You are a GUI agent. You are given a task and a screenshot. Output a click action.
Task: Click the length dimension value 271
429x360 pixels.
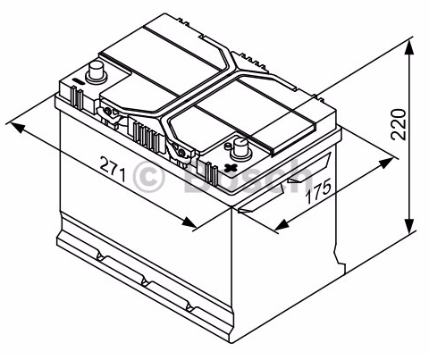coord(113,169)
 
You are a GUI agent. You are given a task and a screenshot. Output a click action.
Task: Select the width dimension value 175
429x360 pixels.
coord(318,191)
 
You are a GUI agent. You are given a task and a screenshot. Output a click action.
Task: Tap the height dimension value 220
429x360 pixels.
coord(399,124)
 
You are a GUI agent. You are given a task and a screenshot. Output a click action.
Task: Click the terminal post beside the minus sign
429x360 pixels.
coord(96,72)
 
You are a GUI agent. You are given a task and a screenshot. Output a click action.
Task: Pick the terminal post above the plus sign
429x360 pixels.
coord(241,148)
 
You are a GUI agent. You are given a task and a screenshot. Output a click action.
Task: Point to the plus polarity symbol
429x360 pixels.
coord(231,168)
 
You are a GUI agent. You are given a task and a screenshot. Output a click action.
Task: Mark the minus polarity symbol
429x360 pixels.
coord(79,81)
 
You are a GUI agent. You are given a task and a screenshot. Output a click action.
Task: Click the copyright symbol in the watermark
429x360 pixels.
coord(148,178)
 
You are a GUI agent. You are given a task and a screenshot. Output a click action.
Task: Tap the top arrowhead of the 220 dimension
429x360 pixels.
coord(409,47)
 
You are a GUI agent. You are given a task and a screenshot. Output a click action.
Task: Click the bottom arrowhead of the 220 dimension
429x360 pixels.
coord(409,227)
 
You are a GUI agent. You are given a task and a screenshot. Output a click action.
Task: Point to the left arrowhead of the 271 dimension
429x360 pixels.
coord(17,127)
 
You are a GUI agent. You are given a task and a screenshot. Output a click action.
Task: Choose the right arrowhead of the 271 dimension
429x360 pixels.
coord(189,222)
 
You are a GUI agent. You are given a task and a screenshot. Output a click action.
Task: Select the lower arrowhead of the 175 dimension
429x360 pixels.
coord(282,225)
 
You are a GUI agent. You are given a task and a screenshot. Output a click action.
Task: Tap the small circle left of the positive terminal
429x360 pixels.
coord(228,146)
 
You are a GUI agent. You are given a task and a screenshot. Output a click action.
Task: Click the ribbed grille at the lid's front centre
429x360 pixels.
coord(146,137)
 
